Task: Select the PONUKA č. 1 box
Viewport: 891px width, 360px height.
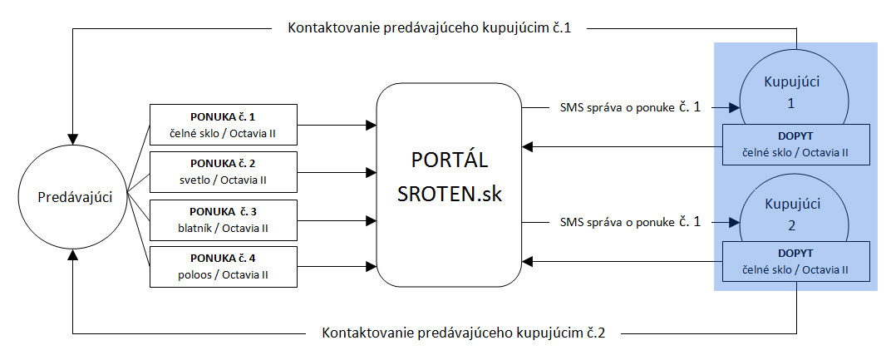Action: pos(224,124)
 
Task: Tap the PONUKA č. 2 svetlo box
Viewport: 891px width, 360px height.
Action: pos(224,172)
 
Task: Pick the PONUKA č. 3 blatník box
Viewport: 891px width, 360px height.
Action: pos(224,219)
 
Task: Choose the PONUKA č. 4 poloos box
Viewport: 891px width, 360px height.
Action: pos(224,267)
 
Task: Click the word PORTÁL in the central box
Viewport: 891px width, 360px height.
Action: pos(449,160)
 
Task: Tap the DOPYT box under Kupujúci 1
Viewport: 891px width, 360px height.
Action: pos(796,145)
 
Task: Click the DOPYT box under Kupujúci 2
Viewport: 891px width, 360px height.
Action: pos(796,262)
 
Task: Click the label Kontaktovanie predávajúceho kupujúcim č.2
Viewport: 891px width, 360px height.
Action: pos(463,332)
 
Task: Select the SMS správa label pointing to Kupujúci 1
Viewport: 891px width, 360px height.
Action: pos(630,106)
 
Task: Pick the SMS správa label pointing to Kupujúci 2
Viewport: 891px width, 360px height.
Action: pos(630,221)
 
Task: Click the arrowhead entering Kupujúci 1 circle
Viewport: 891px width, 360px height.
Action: pos(733,106)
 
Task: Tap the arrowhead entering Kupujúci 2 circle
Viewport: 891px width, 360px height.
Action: pos(733,221)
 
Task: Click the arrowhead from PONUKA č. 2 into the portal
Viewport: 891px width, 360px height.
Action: pos(372,172)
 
